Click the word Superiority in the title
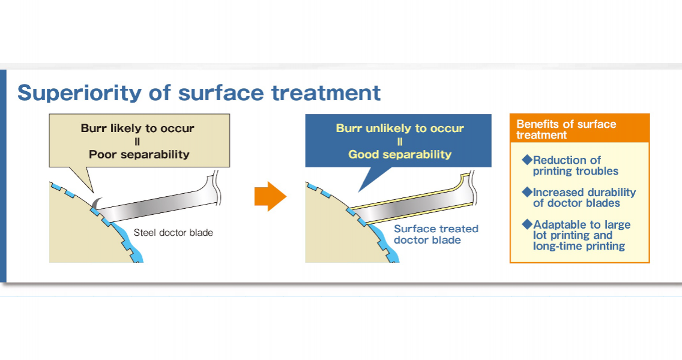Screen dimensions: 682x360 click(80, 93)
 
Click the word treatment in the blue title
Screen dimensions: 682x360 click(326, 92)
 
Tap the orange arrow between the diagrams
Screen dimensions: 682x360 click(270, 197)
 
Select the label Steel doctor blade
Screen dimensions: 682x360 click(173, 233)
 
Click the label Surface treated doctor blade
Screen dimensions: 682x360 click(436, 235)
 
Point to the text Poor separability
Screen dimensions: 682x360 click(139, 154)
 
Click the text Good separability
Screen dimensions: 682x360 click(400, 154)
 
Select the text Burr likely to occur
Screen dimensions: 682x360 click(137, 128)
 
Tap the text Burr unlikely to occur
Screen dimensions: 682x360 click(400, 128)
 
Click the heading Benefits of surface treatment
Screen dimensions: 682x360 click(566, 130)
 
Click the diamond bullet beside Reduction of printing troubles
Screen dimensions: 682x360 click(527, 160)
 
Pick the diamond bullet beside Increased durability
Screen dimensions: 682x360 click(527, 192)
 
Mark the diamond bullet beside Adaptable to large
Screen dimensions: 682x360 click(527, 224)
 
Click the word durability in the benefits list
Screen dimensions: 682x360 click(610, 193)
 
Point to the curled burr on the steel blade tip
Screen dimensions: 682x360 click(97, 203)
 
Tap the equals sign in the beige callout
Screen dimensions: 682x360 click(137, 142)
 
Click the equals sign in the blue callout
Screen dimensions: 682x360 click(400, 142)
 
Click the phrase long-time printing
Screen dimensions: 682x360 click(579, 246)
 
